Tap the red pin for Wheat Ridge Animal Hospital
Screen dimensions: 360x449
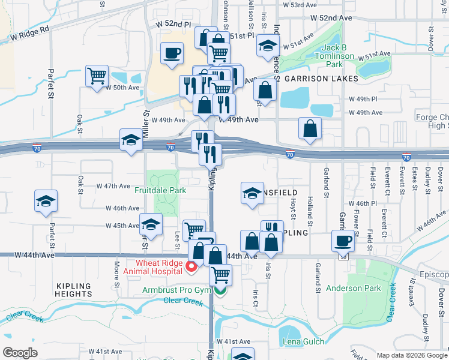click(x=192, y=266)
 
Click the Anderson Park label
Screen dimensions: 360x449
click(x=354, y=288)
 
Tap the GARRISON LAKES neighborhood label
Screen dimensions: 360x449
click(x=321, y=79)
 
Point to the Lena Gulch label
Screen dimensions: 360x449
click(x=304, y=342)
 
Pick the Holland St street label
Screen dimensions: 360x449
click(x=310, y=206)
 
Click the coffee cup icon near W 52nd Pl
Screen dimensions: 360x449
click(x=172, y=53)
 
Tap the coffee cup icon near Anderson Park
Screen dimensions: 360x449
click(x=343, y=241)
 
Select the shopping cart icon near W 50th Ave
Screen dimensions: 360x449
click(x=97, y=76)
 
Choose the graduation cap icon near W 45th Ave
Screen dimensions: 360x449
click(x=151, y=224)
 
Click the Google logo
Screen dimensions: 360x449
click(x=20, y=353)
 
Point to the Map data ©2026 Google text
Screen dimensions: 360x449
click(x=412, y=355)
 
